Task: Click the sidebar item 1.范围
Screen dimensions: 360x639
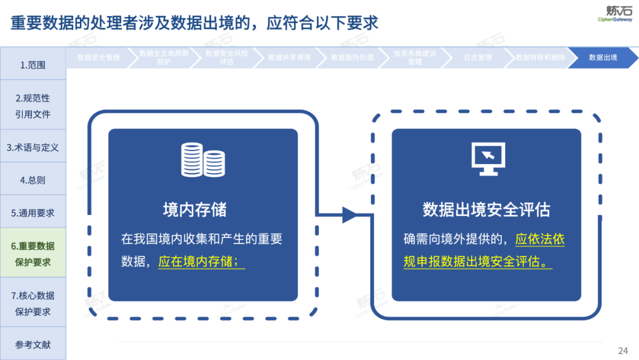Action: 33,65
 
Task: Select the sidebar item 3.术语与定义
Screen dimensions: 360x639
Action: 33,147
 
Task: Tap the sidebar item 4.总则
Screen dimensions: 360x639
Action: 33,180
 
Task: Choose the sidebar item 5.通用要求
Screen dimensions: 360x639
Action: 33,213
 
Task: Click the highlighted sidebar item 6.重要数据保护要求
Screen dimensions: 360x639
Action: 33,254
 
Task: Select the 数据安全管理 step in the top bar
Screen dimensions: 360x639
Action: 98,57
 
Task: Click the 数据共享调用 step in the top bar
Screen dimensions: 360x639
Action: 289,57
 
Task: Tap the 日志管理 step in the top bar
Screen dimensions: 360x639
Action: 477,57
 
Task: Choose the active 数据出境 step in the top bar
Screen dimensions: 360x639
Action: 603,57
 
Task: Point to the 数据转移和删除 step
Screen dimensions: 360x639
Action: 540,57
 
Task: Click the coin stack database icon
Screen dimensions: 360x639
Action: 203,159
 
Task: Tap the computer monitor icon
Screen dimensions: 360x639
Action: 488,159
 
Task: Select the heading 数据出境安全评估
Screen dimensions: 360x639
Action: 486,210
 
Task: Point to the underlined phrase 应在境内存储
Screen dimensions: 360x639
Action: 201,261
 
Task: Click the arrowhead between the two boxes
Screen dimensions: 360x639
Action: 350,215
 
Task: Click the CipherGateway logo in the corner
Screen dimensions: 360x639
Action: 615,13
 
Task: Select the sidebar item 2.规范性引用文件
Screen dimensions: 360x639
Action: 33,106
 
